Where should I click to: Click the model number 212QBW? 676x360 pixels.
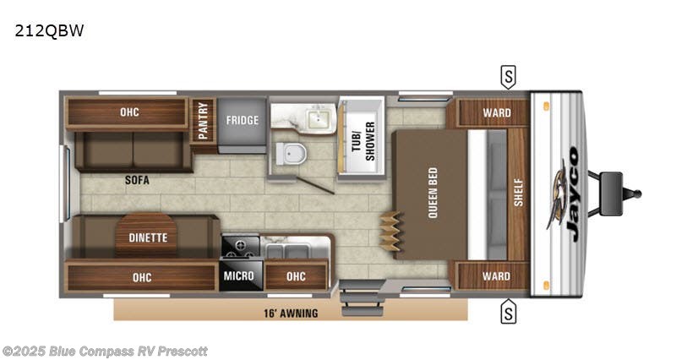point(50,30)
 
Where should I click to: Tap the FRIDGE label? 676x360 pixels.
point(243,120)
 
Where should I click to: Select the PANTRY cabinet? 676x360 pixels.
point(203,122)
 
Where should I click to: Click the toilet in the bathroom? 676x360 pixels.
point(291,154)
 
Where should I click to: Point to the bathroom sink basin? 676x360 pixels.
point(319,117)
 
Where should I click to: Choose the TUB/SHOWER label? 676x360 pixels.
point(363,141)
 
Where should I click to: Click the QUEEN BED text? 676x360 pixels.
point(433,193)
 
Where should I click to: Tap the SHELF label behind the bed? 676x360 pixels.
point(519,193)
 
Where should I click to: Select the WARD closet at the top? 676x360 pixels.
point(493,113)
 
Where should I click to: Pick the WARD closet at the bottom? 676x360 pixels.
point(493,275)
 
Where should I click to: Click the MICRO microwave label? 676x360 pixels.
point(239,275)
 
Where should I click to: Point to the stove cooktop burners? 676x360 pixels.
point(240,246)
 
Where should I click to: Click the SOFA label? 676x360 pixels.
point(137,180)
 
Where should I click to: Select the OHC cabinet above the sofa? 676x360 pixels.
point(128,113)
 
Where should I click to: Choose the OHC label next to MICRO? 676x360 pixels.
point(297,276)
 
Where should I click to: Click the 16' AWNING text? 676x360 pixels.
point(291,314)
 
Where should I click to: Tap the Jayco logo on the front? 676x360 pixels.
point(564,194)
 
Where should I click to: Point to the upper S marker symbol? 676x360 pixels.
point(509,77)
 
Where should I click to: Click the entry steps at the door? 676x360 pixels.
point(362,298)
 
